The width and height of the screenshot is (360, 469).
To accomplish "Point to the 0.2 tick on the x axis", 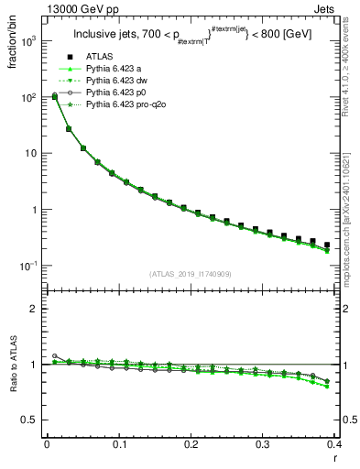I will pos(191,444).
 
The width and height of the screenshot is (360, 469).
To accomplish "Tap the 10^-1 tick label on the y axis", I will pos(27,266).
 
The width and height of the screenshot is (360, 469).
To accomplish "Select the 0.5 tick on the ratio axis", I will pos(30,420).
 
